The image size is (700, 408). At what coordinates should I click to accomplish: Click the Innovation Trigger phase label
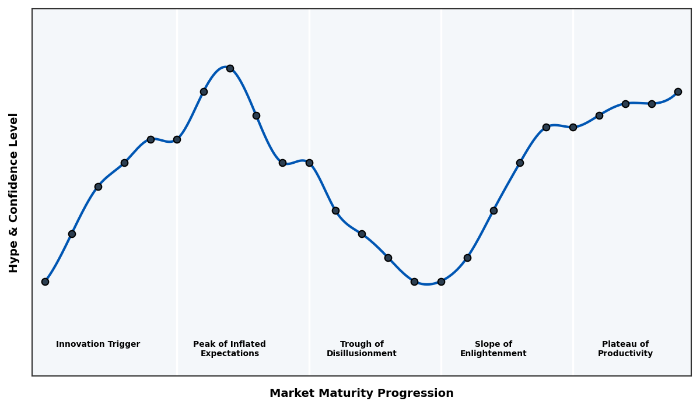[x=98, y=344]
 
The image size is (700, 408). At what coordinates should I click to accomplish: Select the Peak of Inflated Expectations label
[x=229, y=349]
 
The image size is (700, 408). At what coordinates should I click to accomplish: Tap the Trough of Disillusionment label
[x=361, y=349]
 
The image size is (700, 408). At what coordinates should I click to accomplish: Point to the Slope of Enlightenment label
[x=493, y=349]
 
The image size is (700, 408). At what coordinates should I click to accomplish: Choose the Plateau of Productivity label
[x=625, y=349]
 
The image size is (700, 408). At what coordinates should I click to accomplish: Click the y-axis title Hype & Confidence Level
[x=14, y=192]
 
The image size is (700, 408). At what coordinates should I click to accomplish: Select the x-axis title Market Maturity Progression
[x=361, y=393]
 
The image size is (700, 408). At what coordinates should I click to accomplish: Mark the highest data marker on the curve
[x=230, y=68]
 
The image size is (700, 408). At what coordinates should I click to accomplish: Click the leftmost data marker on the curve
[x=45, y=282]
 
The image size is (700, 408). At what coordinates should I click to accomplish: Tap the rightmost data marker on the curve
[x=678, y=92]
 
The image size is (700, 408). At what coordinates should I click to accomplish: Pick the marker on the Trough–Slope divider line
[x=441, y=282]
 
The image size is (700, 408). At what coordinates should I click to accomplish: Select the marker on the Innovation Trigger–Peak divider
[x=177, y=139]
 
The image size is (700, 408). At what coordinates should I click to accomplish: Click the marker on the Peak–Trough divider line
[x=309, y=163]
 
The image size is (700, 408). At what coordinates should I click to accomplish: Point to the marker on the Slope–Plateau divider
[x=573, y=127]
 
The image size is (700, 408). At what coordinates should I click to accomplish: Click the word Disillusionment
[x=361, y=354]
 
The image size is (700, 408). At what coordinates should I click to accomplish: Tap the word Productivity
[x=625, y=354]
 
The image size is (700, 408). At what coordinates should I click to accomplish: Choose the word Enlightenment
[x=493, y=354]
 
